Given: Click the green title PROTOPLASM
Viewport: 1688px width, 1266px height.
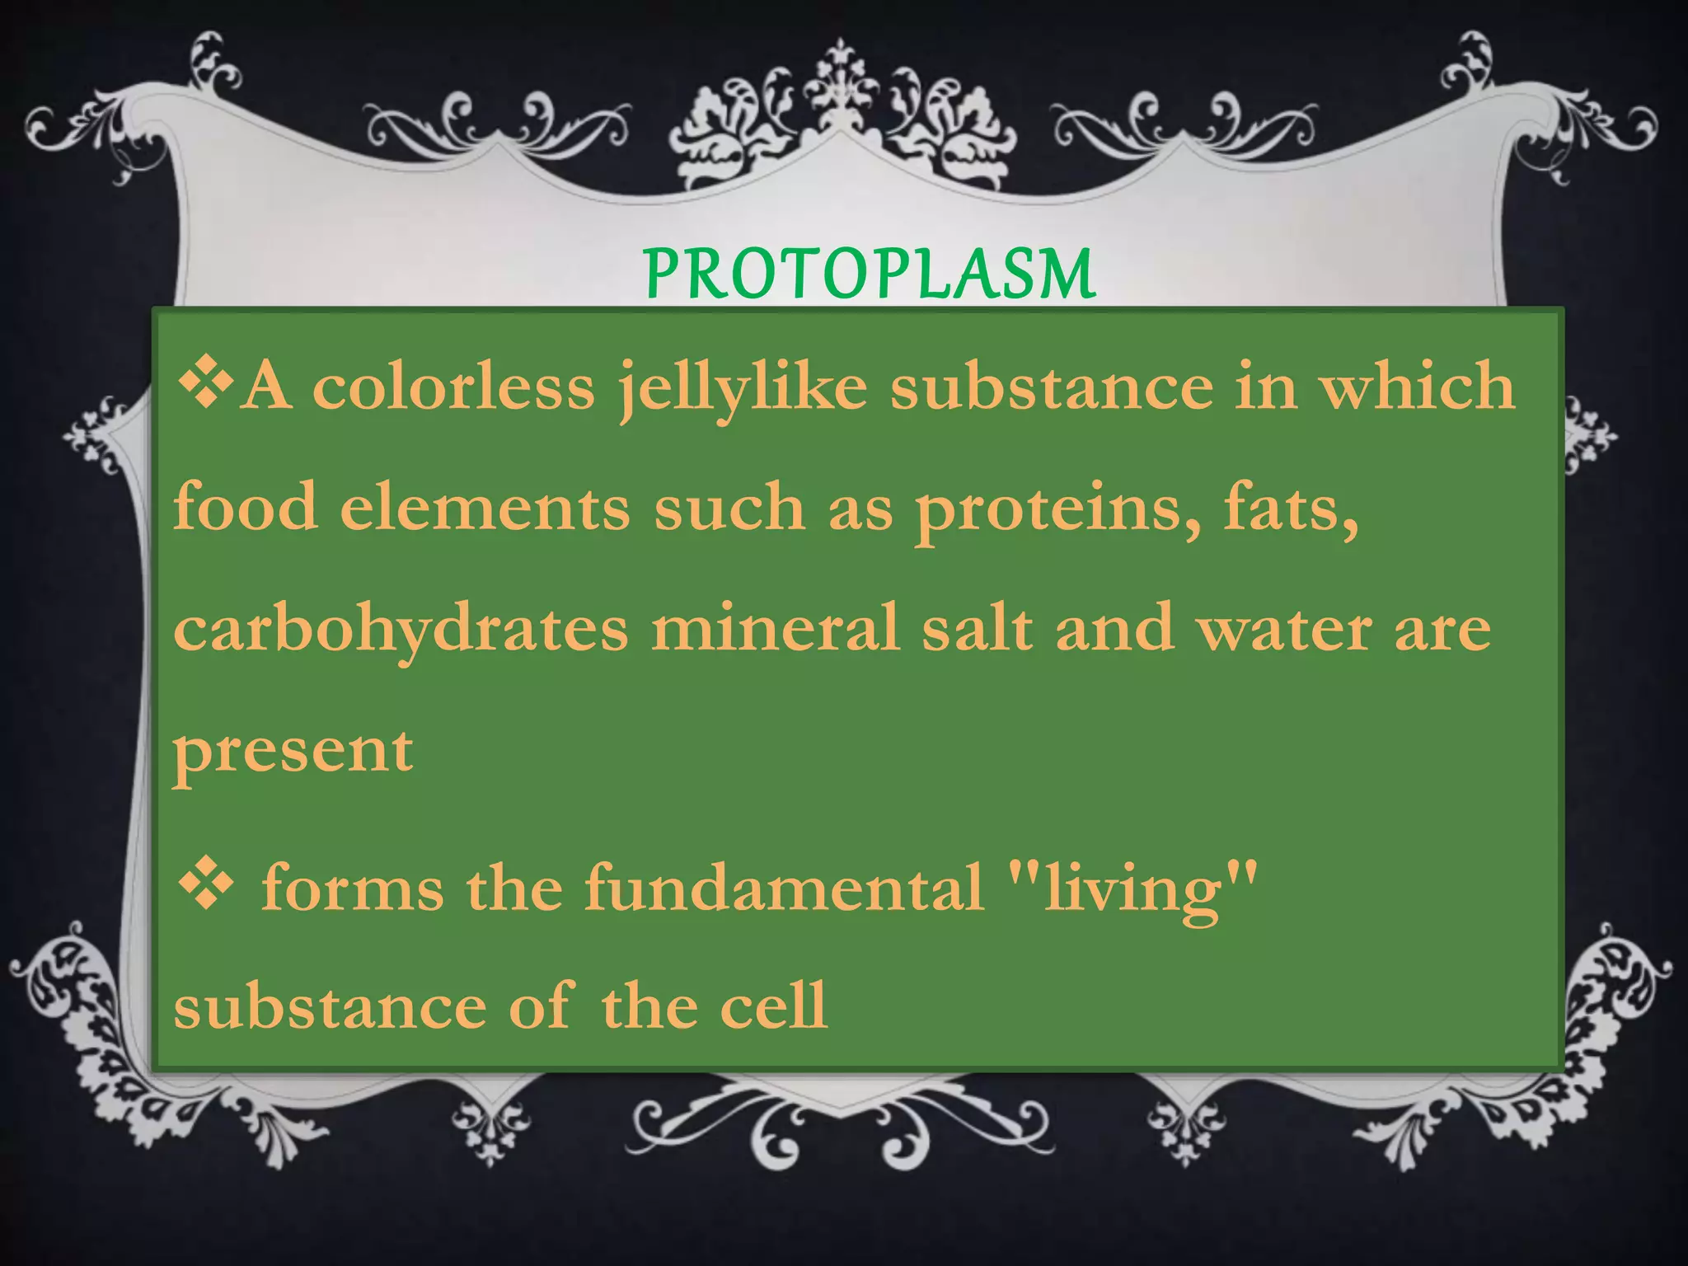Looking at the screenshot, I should point(869,274).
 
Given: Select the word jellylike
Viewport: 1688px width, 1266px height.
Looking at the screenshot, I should point(743,387).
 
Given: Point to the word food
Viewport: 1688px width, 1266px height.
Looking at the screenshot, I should point(246,506).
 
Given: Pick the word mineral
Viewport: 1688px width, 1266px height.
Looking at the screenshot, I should point(775,628).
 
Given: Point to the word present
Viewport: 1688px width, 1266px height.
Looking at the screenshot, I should point(293,752).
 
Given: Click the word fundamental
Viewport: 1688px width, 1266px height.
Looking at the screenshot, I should point(784,887).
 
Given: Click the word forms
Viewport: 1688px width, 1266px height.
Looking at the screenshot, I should point(353,887).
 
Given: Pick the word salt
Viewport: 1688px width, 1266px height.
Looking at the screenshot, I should point(976,628).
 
